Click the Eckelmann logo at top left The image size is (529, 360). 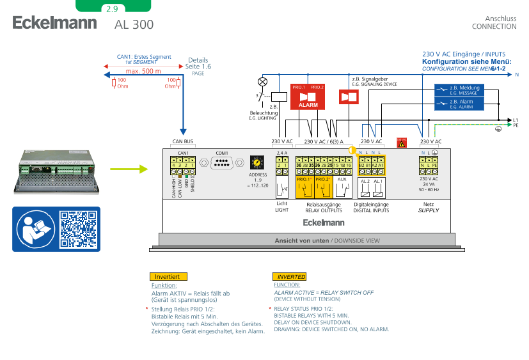[x=54, y=23]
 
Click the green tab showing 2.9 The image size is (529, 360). [x=113, y=8]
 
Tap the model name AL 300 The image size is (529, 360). [x=134, y=25]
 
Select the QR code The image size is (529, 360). [x=77, y=229]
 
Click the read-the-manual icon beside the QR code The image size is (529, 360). [x=36, y=229]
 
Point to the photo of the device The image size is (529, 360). [x=56, y=171]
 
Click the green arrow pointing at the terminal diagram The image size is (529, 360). [x=129, y=169]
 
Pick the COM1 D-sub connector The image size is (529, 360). [x=222, y=165]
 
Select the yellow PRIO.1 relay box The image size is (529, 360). [x=304, y=187]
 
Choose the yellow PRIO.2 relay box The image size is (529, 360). [x=323, y=187]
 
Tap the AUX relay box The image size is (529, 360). [x=342, y=187]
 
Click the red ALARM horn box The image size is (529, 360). [x=308, y=98]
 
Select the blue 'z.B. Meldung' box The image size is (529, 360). [x=459, y=90]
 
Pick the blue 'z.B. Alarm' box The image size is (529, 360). [x=459, y=104]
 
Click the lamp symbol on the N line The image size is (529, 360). [x=262, y=82]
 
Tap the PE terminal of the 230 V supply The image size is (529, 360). [x=435, y=166]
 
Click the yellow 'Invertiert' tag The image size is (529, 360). [x=168, y=276]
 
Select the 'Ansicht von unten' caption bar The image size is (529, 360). [x=307, y=240]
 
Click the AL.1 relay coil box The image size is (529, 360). [x=377, y=187]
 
